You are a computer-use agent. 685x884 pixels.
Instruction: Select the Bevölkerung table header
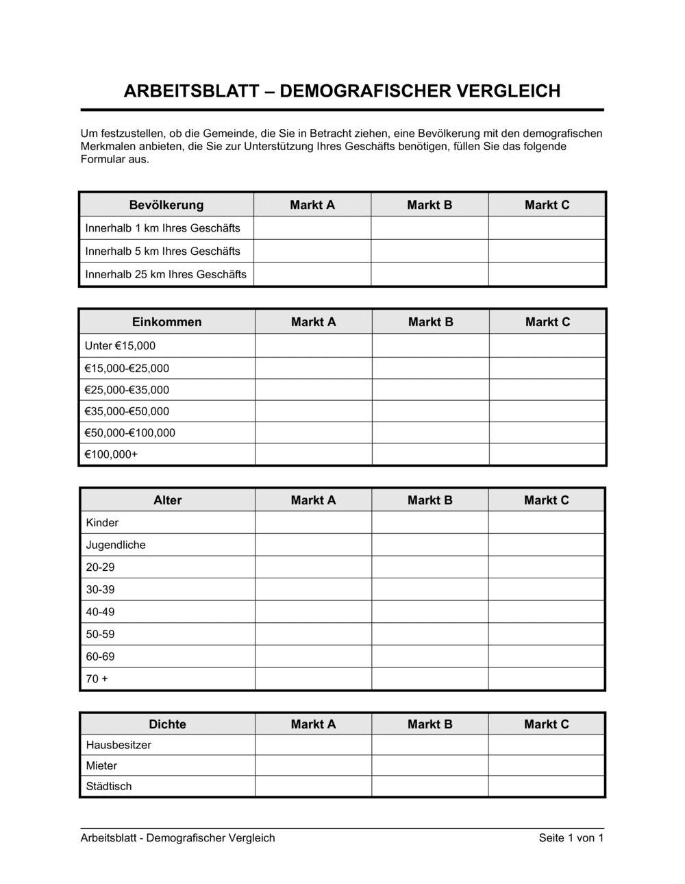tap(166, 205)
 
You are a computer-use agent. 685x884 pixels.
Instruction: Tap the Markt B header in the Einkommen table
tap(430, 322)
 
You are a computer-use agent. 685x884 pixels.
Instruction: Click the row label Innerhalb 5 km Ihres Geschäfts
tap(162, 251)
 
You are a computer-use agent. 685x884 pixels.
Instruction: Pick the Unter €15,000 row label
tap(120, 346)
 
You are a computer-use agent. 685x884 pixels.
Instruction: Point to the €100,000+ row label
tap(111, 454)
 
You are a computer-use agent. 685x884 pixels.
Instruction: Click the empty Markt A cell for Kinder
tap(313, 523)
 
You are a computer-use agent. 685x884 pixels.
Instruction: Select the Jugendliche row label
tap(116, 545)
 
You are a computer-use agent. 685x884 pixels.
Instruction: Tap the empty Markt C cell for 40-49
tap(546, 612)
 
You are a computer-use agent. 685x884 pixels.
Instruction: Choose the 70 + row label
tap(97, 678)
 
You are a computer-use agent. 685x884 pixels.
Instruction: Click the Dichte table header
tap(167, 724)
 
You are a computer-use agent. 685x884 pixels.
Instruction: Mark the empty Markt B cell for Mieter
tap(429, 765)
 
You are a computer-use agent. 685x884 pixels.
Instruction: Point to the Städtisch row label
tap(109, 786)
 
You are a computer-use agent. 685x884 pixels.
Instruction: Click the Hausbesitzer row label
tap(119, 745)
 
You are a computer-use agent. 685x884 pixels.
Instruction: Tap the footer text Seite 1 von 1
tap(571, 837)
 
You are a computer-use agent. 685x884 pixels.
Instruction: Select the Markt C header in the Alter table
tap(546, 500)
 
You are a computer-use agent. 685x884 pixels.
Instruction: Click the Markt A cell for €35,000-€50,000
tap(313, 411)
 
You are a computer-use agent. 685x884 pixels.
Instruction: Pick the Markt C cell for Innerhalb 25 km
tap(547, 274)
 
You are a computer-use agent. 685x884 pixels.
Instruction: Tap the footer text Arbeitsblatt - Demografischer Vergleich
tap(177, 837)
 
